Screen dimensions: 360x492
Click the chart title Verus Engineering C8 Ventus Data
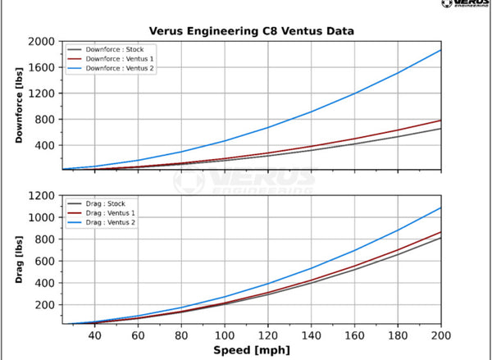tap(251, 31)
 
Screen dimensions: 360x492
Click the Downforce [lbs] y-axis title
tap(19, 105)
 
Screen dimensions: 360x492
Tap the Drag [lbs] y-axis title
tap(19, 260)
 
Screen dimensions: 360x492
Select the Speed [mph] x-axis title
tap(251, 349)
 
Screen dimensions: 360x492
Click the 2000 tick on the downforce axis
tap(42, 42)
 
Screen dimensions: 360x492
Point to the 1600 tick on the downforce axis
tap(42, 68)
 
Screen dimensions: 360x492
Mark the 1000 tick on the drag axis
tap(42, 217)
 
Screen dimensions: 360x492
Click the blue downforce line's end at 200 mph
tap(441, 50)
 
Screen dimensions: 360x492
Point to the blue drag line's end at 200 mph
tap(441, 207)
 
